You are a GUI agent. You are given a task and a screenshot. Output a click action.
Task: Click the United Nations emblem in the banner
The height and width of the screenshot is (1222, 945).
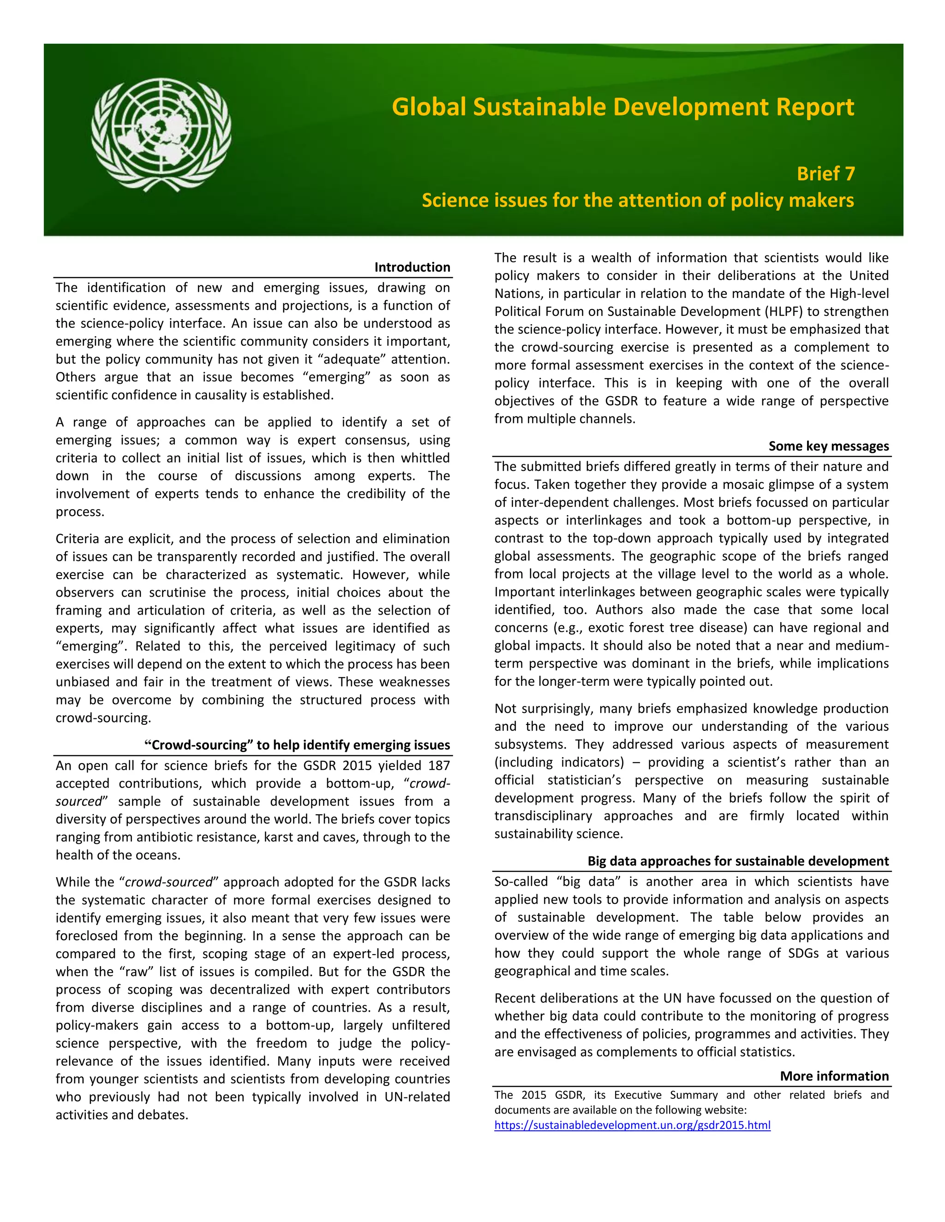coord(161,134)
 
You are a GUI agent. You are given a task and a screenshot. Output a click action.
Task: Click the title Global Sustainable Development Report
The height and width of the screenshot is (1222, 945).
coord(622,107)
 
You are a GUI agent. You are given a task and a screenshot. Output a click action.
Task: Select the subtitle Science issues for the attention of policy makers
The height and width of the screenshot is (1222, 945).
coord(637,200)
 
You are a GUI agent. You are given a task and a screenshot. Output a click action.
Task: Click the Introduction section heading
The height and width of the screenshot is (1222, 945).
coord(412,267)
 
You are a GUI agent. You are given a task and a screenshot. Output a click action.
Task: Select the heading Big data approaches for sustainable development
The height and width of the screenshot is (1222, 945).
coord(737,861)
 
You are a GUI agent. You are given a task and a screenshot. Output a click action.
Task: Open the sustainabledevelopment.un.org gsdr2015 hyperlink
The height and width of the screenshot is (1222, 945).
coord(632,1125)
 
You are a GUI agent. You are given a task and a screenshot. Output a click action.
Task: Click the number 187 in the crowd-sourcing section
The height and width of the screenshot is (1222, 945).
coord(439,766)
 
